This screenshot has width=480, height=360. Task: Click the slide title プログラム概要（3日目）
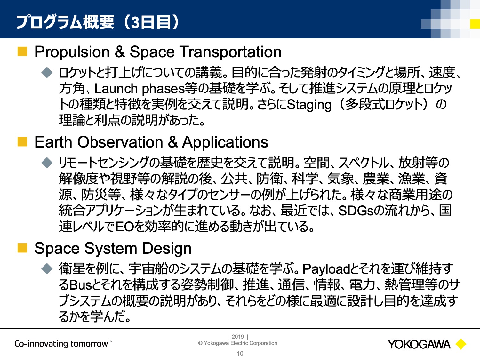point(98,22)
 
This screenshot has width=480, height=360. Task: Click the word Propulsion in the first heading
point(72,52)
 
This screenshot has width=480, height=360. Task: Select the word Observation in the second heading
point(120,142)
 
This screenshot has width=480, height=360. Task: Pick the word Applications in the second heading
point(225,142)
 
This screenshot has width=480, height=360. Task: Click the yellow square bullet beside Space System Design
point(22,248)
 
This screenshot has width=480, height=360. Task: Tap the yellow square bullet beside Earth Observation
point(22,142)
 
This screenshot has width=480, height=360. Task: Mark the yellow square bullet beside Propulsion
point(22,52)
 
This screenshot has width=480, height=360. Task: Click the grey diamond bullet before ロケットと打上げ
point(47,72)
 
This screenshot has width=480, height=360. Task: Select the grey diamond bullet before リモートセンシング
point(47,163)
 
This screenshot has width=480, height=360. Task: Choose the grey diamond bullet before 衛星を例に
point(47,268)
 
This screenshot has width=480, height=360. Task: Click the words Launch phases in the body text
point(140,89)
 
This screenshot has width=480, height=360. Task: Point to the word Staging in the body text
point(309,105)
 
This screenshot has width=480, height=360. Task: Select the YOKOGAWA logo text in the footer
point(419,345)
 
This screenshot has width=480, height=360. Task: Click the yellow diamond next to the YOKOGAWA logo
point(461,344)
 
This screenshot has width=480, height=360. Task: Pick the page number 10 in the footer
point(240,354)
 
